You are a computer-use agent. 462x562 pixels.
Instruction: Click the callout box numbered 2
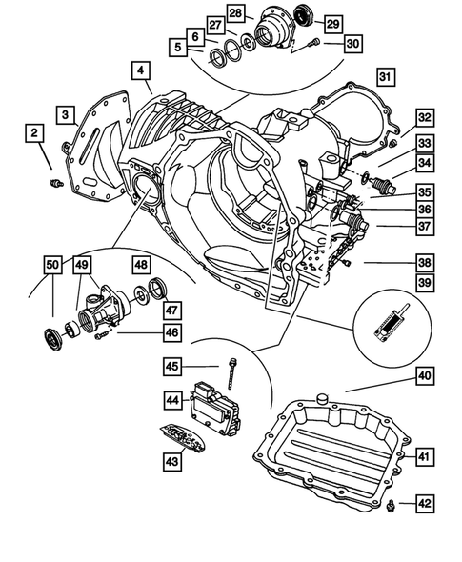[x=33, y=134]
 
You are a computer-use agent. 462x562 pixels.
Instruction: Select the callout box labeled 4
[x=140, y=70]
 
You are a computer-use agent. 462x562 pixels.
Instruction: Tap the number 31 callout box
[x=384, y=77]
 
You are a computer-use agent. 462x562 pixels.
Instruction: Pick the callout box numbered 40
[x=422, y=375]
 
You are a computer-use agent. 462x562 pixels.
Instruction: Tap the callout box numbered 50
[x=52, y=264]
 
